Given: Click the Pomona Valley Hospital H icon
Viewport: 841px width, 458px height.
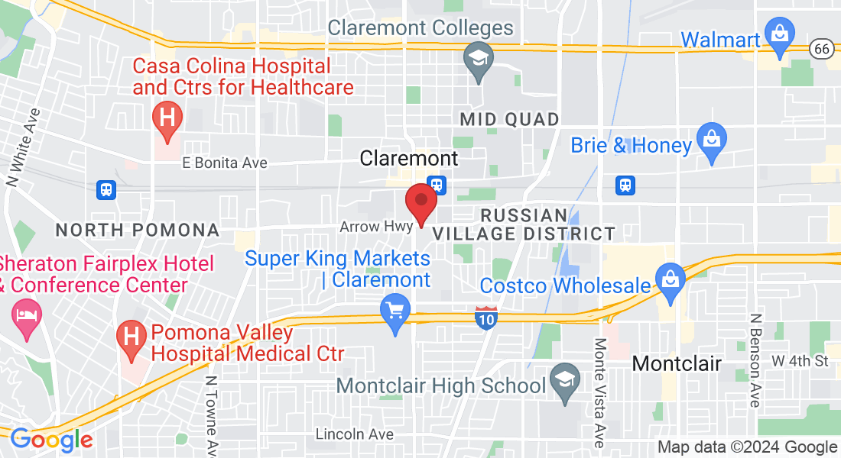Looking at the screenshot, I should (131, 337).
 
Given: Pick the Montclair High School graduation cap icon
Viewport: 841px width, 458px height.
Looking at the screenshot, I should (565, 382).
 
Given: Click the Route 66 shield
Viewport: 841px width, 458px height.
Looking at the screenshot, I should (822, 47).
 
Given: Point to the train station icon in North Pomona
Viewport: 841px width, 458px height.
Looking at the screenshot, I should (106, 189).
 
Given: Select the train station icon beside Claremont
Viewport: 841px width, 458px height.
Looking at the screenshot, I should (437, 184).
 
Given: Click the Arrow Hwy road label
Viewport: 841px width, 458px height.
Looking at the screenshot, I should (376, 227).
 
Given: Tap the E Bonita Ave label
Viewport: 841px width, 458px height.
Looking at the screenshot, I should (225, 163).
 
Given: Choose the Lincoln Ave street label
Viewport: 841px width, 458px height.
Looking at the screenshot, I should (354, 434).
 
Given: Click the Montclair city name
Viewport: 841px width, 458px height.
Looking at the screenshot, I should (677, 363).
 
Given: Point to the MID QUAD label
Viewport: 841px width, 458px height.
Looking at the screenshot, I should (509, 119).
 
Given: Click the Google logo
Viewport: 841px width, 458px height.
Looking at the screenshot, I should (51, 440).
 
